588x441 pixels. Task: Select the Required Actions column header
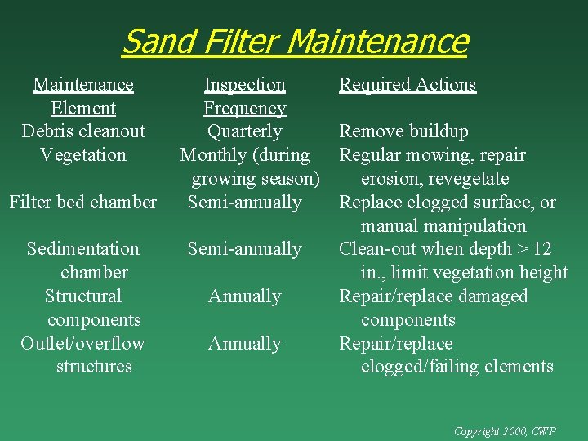click(x=408, y=85)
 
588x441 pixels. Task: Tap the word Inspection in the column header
click(x=244, y=85)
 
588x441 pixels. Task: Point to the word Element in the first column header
click(x=83, y=109)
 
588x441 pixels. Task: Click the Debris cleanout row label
click(x=83, y=131)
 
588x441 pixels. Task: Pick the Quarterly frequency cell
click(x=244, y=131)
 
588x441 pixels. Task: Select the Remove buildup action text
click(x=403, y=131)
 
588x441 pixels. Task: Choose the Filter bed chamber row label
click(x=83, y=202)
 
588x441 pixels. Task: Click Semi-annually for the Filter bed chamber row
click(x=244, y=202)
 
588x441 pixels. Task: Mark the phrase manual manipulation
click(x=443, y=225)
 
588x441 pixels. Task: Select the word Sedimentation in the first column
click(x=83, y=249)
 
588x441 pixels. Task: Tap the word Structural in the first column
click(x=83, y=296)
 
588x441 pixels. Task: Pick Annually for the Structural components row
click(x=244, y=296)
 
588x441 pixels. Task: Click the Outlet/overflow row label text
click(x=83, y=344)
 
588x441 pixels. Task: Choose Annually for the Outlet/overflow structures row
click(x=244, y=344)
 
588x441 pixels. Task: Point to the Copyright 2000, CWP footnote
click(x=505, y=430)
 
